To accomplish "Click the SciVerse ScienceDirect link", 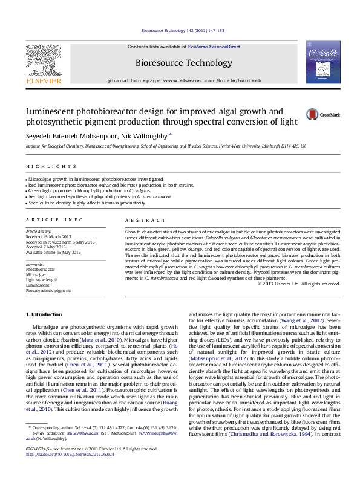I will coord(214,47).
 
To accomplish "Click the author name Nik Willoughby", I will coord(145,137).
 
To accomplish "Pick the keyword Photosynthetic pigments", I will coord(48,290).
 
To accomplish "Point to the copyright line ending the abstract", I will coord(299,283).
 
